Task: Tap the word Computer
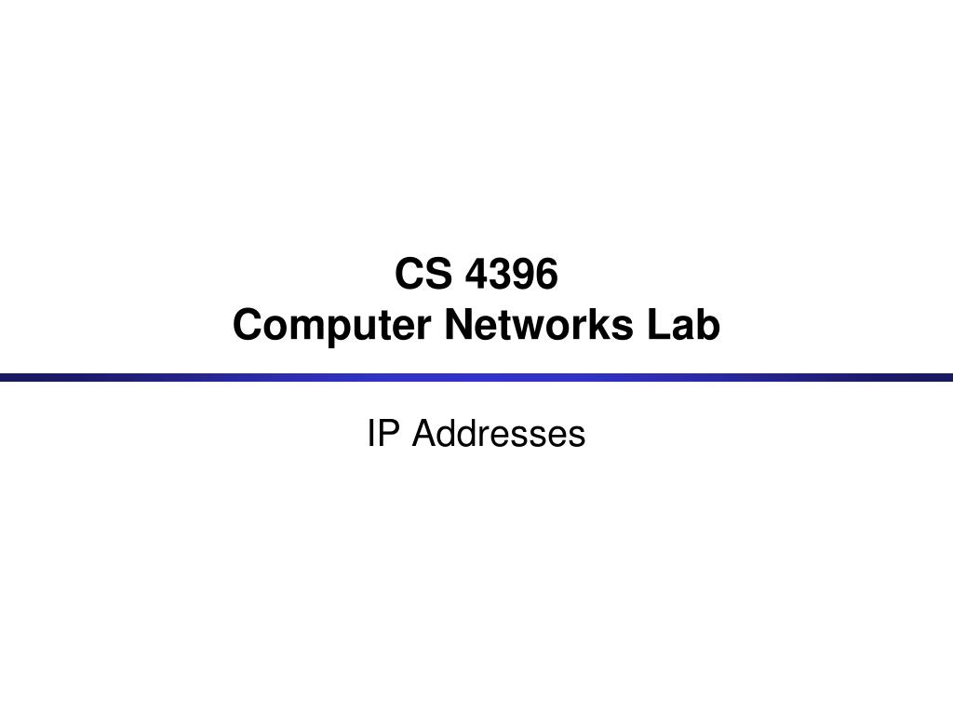pos(332,326)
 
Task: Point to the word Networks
pos(539,324)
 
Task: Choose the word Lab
pos(684,324)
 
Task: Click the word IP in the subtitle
pos(383,434)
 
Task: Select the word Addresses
pos(499,434)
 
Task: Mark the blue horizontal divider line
pos(476,378)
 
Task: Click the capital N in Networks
pos(460,324)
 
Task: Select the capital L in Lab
pos(659,324)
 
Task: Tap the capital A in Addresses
pos(425,434)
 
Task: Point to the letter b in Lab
pos(709,324)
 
